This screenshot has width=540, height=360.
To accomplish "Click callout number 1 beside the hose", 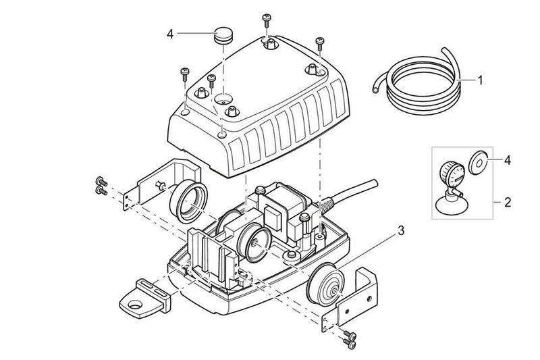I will [x=480, y=80].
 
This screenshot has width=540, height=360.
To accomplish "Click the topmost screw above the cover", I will [x=267, y=18].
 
